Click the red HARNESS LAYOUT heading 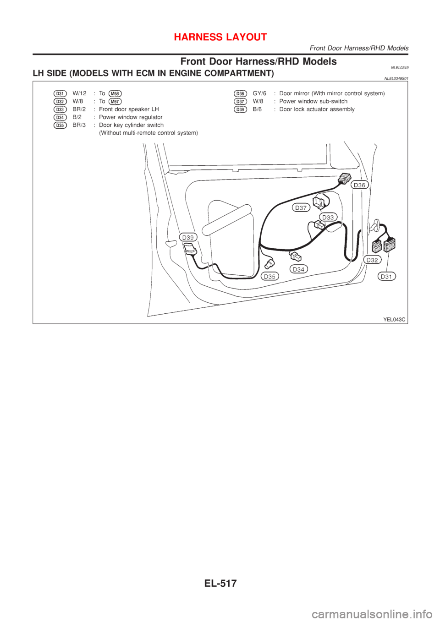220,37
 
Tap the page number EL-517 220,584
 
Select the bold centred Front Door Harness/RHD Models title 258,61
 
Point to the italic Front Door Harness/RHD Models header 359,48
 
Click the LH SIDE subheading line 153,73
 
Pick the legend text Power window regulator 131,117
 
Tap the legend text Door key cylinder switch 131,125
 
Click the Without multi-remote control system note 148,133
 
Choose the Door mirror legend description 332,93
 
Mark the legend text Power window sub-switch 313,101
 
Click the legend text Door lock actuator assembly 317,109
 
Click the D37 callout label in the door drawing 301,207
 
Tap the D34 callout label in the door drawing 298,269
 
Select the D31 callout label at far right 387,276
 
